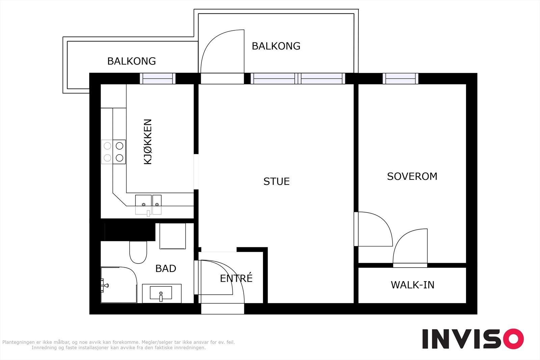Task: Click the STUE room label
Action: click(x=276, y=182)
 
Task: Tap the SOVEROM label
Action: click(x=412, y=176)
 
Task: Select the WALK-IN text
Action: click(x=412, y=285)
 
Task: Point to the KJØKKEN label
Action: click(x=148, y=142)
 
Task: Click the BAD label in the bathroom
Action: click(x=166, y=269)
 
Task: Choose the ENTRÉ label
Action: click(x=236, y=278)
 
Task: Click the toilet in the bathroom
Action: click(x=138, y=252)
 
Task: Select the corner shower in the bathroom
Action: click(x=118, y=285)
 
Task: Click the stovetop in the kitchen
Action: click(x=113, y=152)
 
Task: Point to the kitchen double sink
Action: click(x=148, y=205)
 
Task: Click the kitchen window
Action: click(x=158, y=79)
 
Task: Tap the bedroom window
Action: click(x=400, y=79)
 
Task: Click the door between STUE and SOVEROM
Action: click(x=373, y=229)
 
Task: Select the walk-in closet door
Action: click(x=410, y=248)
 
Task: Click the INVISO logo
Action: click(x=473, y=339)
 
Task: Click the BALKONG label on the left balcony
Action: click(x=131, y=61)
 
